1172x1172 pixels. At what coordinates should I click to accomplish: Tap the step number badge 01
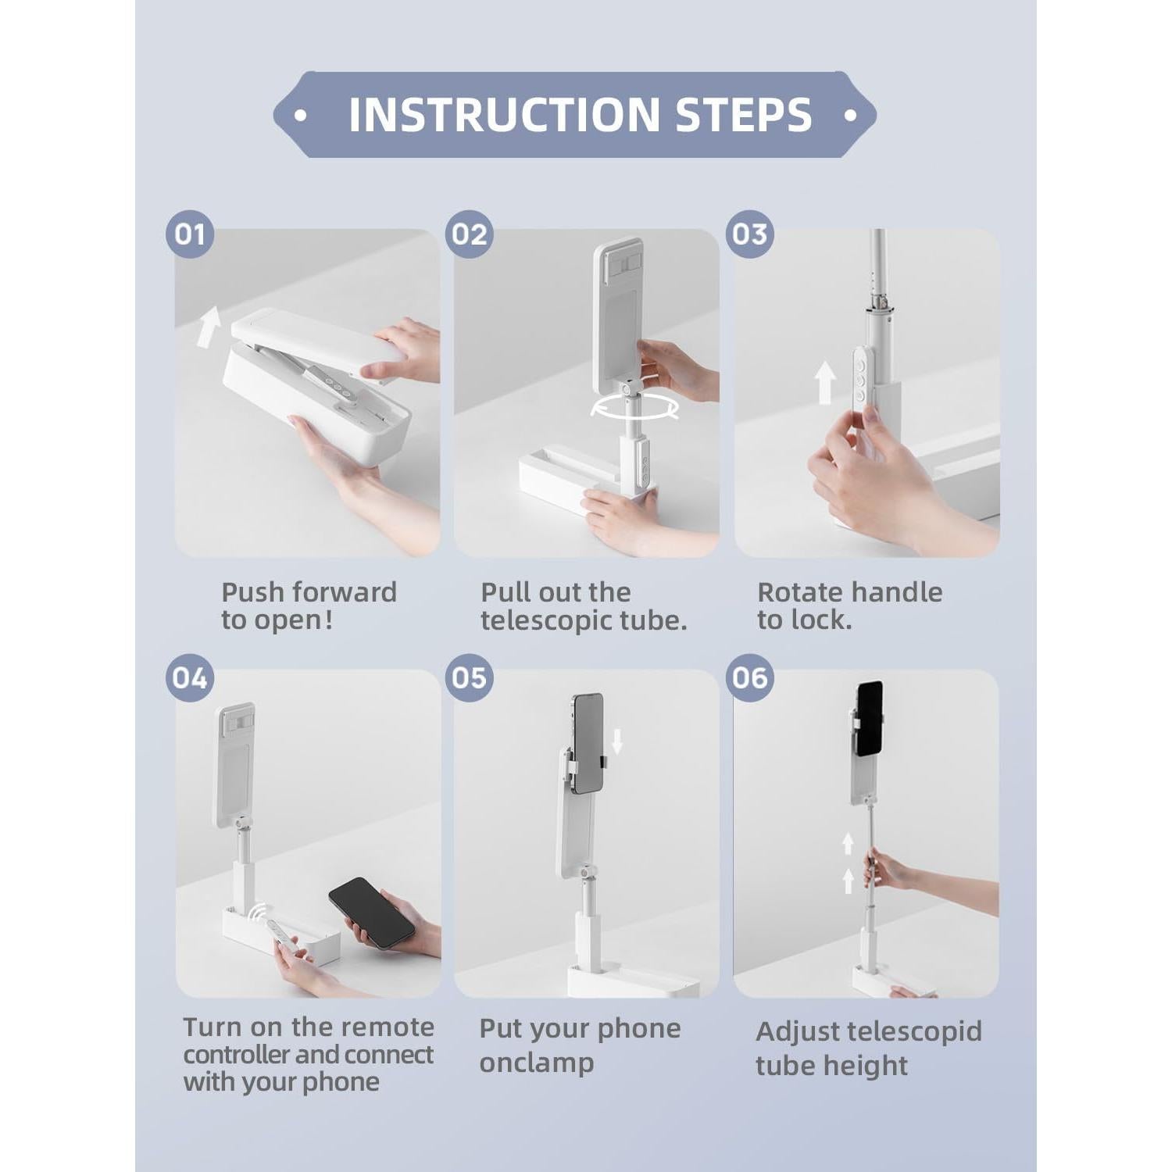190,234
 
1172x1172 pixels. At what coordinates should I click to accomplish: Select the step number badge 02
469,234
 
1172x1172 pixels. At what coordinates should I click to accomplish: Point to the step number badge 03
749,234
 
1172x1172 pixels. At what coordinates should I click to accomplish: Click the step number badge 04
190,677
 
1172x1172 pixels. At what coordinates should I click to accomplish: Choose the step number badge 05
469,677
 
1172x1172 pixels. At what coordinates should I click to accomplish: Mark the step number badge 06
749,677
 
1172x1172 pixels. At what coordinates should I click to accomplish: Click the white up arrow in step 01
208,327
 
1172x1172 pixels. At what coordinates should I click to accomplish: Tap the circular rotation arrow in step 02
634,406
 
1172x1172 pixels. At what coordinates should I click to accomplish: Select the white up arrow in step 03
825,383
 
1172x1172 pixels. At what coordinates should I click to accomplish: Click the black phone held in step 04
371,912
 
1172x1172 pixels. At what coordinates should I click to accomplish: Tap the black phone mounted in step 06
869,718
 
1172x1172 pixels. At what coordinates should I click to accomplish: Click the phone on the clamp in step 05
588,742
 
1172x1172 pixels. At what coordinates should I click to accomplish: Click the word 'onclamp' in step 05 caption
536,1063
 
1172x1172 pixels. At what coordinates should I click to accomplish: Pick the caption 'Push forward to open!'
309,606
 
